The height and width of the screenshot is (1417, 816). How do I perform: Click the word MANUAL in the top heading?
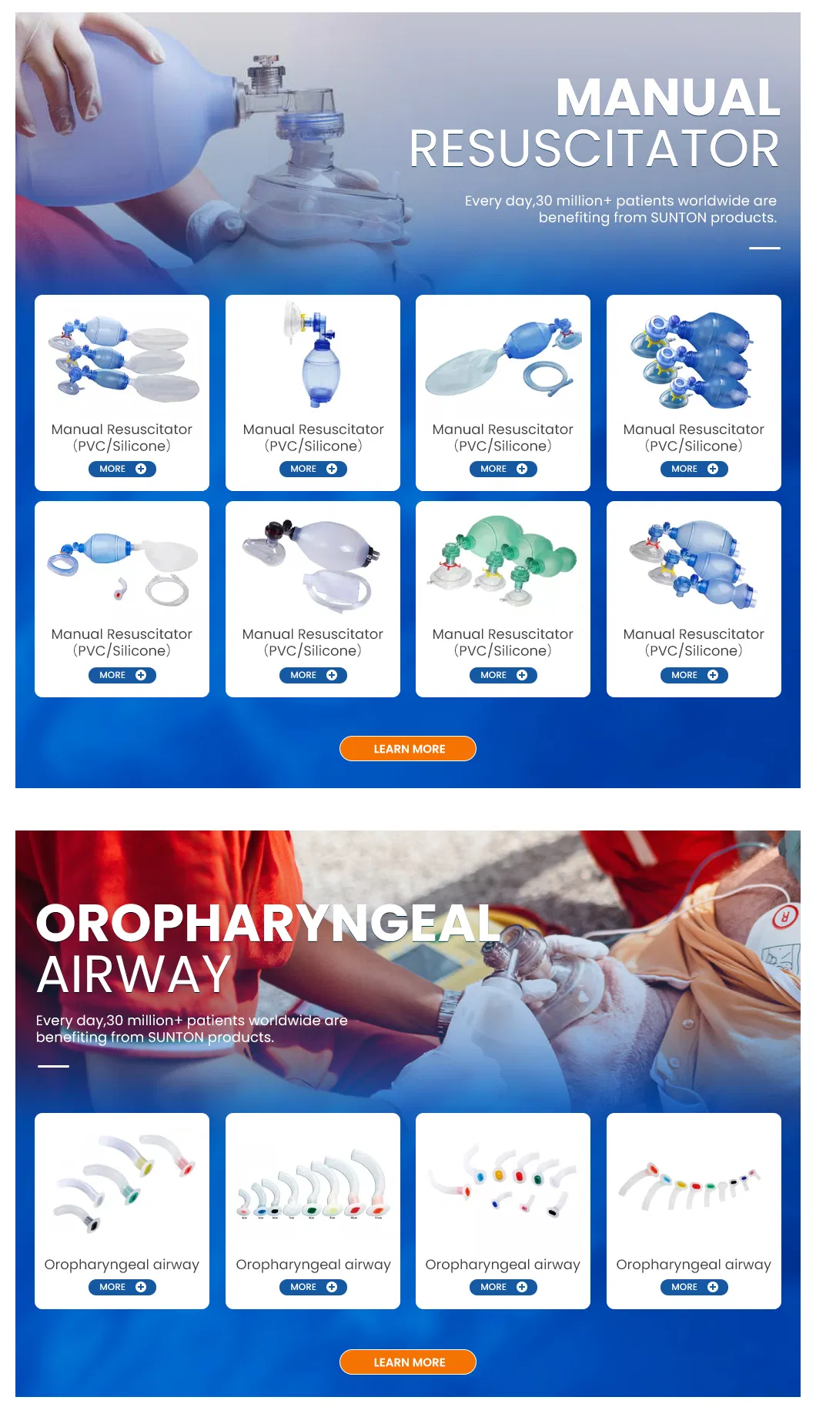point(667,98)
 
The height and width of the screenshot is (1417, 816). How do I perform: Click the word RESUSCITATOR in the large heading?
point(594,149)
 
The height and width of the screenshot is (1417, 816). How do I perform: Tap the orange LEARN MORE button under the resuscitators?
point(408,749)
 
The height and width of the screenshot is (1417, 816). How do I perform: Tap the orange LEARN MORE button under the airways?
point(408,1362)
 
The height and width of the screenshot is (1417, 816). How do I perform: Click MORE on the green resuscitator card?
point(503,675)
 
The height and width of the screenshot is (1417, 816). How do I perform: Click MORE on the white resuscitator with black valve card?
point(313,675)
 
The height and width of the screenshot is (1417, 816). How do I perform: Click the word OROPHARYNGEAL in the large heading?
point(269,923)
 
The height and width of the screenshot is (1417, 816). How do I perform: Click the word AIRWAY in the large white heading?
point(134,974)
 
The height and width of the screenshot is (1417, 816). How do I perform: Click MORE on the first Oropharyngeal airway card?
point(122,1287)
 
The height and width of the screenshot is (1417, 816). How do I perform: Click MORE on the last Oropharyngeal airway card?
point(694,1287)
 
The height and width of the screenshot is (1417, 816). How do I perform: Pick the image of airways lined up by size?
point(313,1185)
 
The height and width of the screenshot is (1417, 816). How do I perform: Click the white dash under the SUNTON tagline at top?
point(764,248)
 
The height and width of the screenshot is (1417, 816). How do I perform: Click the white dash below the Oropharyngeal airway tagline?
point(53,1066)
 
